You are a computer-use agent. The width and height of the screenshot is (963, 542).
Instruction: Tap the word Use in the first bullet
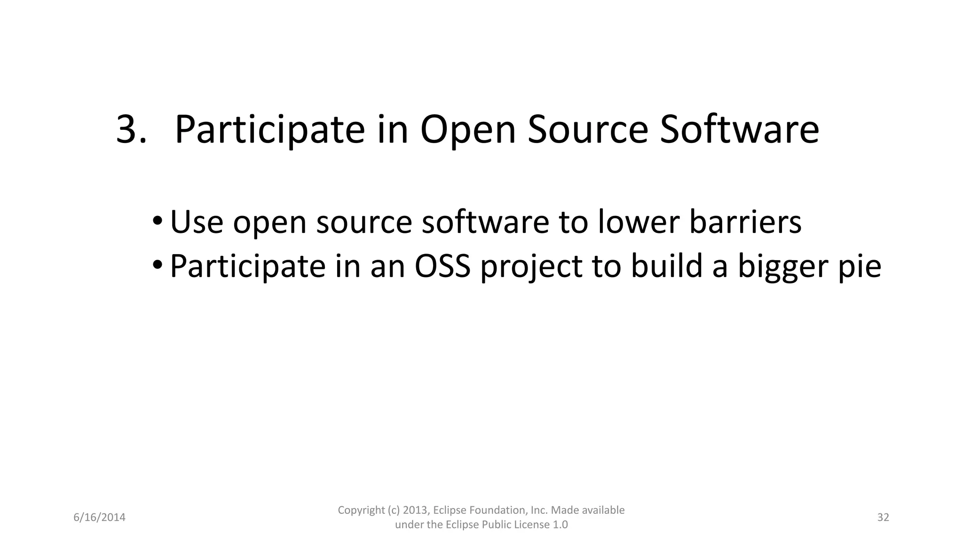(197, 222)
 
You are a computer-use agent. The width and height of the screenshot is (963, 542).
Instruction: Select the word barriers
(745, 222)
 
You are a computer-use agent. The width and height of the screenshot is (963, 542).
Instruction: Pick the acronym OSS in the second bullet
(442, 266)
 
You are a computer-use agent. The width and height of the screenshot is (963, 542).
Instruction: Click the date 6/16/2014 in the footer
(100, 518)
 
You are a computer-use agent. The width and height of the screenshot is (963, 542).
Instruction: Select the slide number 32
(883, 518)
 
